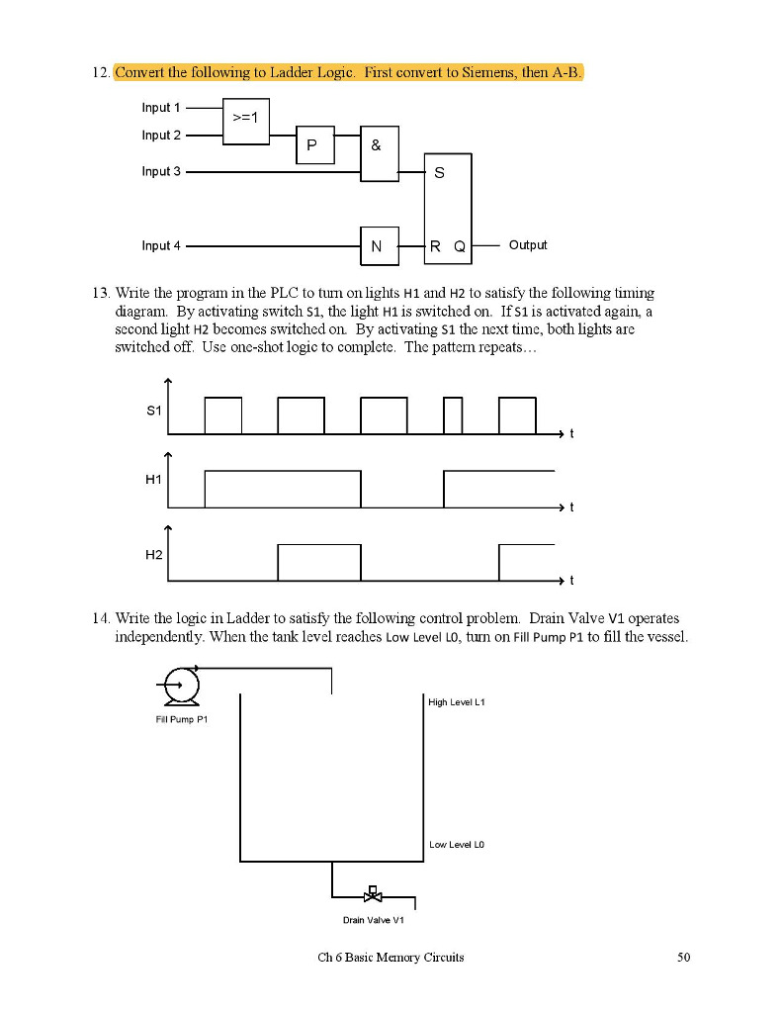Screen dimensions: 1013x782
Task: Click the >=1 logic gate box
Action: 245,121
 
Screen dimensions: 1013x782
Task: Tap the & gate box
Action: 379,153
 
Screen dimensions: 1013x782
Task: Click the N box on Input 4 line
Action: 379,245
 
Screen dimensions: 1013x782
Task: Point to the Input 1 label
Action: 161,108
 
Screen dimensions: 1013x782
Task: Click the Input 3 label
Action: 161,171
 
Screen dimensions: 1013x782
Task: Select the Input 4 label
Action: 161,245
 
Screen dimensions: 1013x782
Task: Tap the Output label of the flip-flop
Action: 527,245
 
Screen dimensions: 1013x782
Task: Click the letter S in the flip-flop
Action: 439,173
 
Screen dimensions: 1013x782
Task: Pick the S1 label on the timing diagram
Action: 153,409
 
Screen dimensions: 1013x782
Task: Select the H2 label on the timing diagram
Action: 153,555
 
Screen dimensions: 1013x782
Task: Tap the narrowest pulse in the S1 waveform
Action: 453,415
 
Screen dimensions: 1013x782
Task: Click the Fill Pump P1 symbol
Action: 181,683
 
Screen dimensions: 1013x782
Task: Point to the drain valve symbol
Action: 373,896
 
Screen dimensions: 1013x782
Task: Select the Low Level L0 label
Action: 457,845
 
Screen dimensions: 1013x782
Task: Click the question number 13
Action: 102,294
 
